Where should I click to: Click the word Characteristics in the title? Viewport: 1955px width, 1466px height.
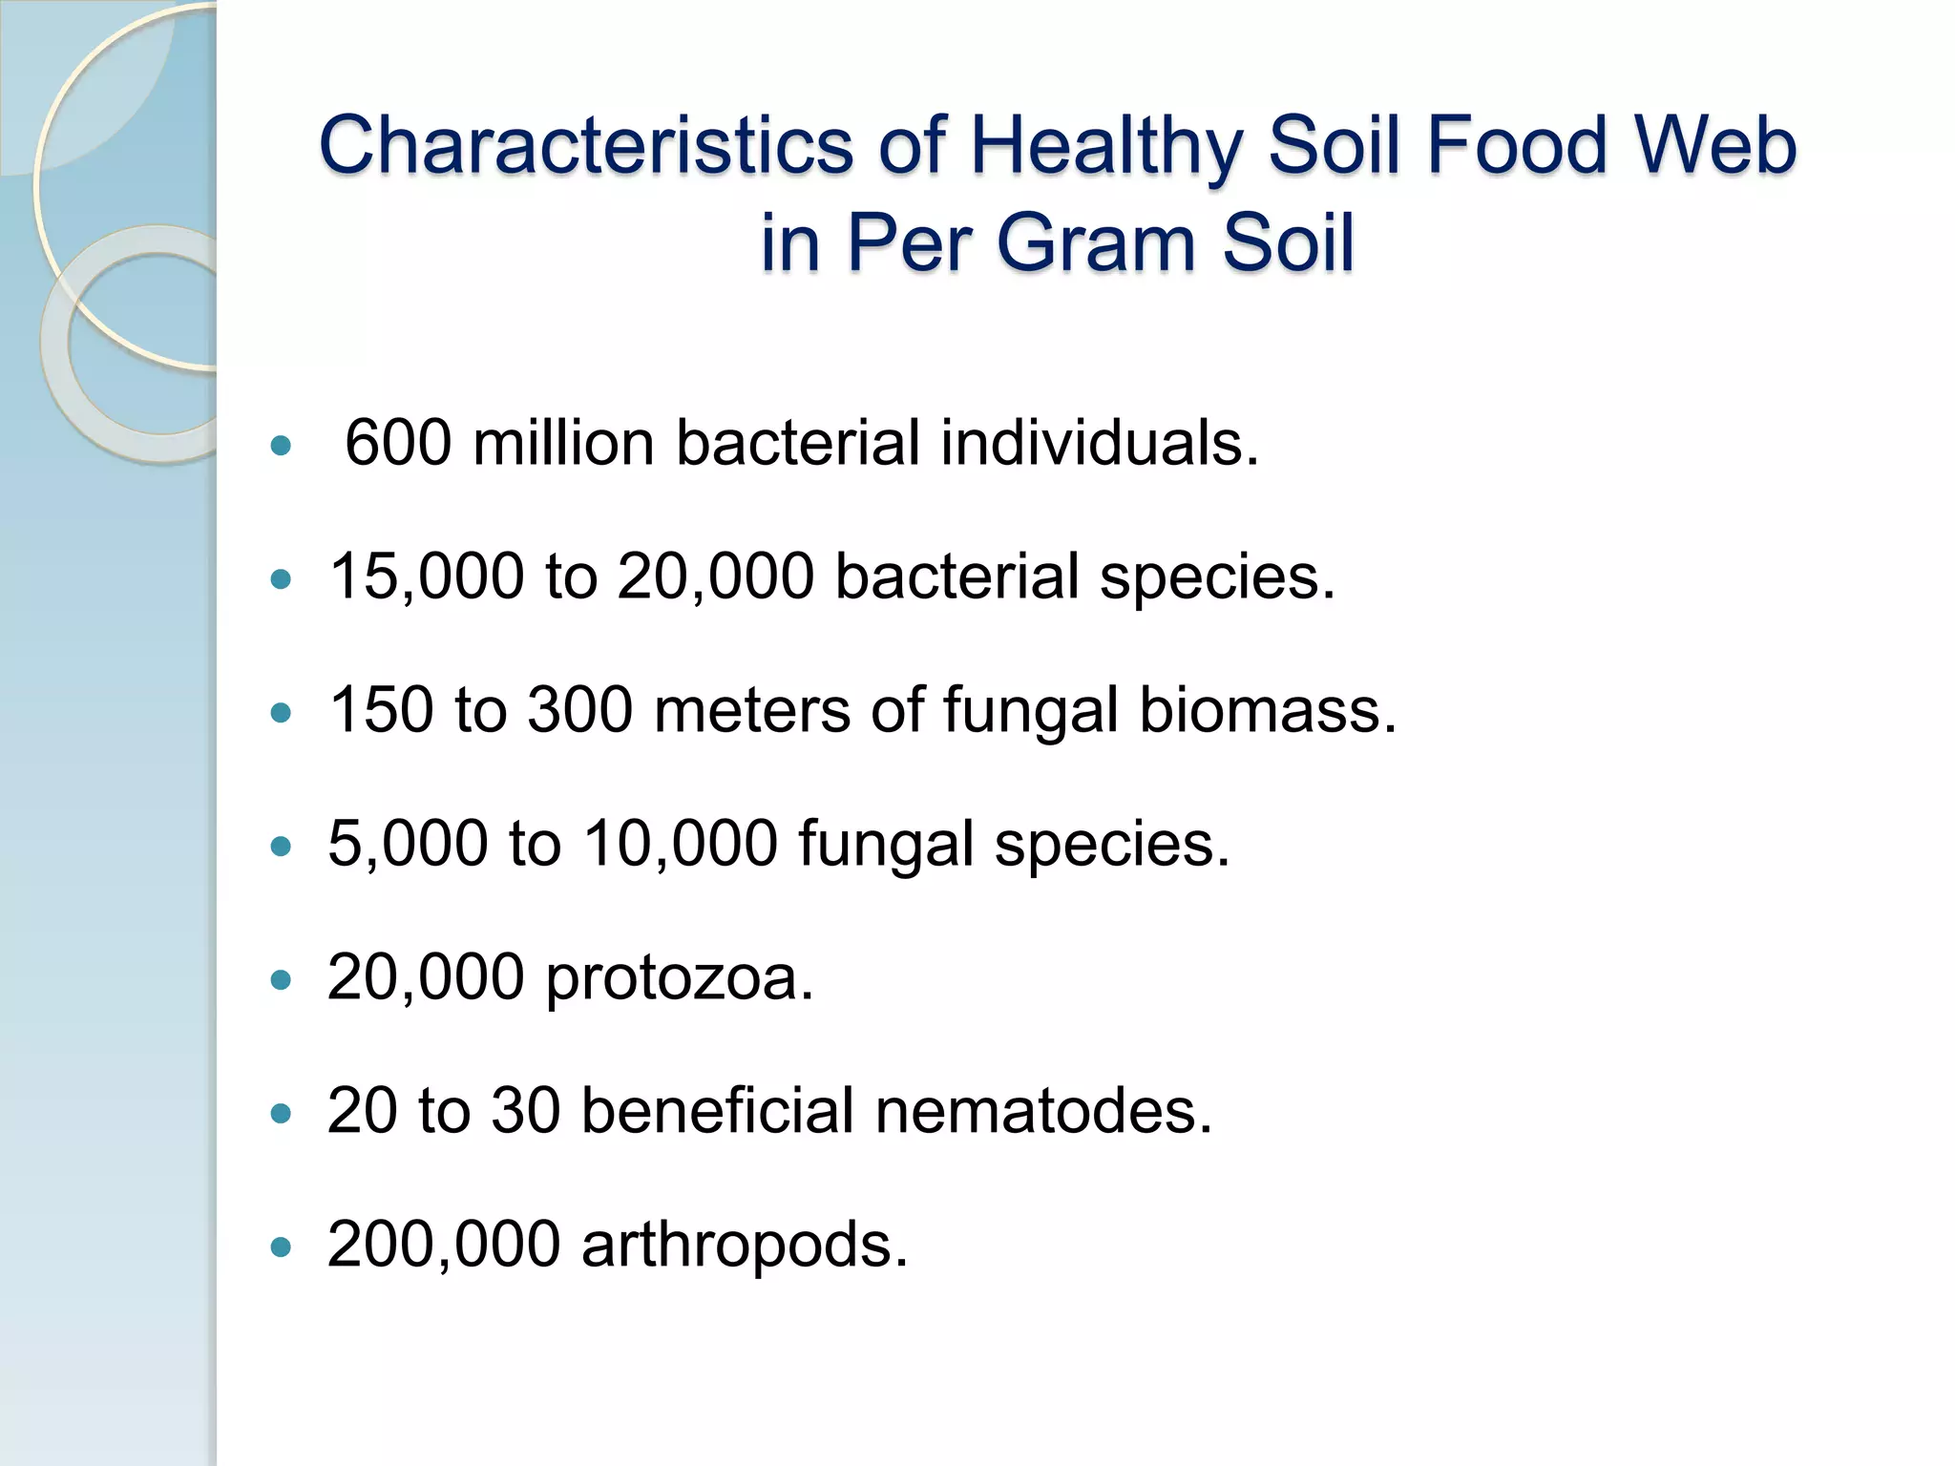click(x=585, y=146)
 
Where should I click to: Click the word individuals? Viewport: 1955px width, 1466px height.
click(x=1100, y=443)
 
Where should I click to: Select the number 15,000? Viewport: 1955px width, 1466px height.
click(x=427, y=576)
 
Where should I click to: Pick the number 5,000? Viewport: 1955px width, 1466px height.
click(x=408, y=844)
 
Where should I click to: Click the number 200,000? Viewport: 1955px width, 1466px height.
click(x=444, y=1245)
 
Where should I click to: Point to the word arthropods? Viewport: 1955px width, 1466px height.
click(x=745, y=1246)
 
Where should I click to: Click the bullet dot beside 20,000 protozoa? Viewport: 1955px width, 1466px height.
click(x=281, y=980)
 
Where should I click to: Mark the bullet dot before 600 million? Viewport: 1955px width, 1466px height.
click(x=281, y=446)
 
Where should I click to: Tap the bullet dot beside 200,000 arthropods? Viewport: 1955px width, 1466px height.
click(x=281, y=1247)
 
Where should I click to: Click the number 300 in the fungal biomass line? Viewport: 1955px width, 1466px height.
click(x=580, y=710)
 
